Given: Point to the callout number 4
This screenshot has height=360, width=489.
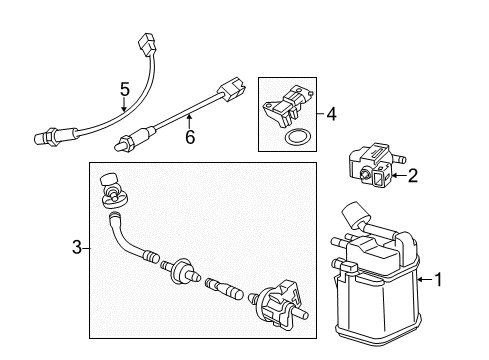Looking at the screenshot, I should click(332, 115).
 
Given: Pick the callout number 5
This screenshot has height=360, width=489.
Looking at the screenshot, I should click(125, 89).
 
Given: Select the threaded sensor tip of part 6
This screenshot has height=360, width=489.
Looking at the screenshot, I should click(123, 142).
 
